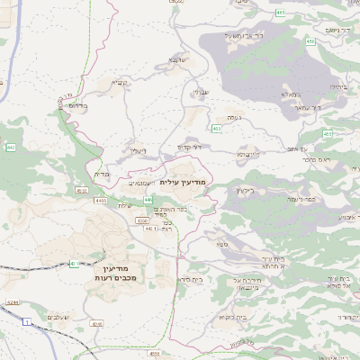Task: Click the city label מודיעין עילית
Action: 182,182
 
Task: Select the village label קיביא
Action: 120,83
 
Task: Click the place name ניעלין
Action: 138,150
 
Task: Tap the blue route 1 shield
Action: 27,320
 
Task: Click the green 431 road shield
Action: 73,264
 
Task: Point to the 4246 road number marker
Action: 97,322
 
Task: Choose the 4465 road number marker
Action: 100,202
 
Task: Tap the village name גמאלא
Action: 288,94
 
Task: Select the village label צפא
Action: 221,244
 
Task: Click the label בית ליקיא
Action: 230,317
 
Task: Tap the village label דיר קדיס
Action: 188,146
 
